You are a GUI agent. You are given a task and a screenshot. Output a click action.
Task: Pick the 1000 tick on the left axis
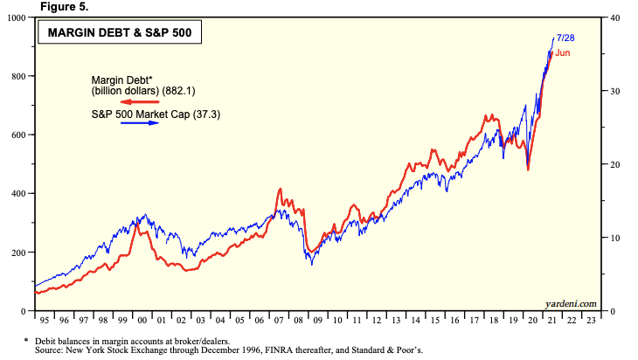tap(17, 17)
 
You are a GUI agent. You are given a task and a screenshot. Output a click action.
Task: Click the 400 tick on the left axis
tap(20, 193)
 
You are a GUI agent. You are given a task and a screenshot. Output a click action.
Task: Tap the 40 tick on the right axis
tap(615, 17)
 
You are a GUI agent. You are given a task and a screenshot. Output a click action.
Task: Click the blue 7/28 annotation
tap(565, 38)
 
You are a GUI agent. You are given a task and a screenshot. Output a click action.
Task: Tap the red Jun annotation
tap(563, 53)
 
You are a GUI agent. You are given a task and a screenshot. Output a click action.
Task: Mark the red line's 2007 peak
tap(279, 189)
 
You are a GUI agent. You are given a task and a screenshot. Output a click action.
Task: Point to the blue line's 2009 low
tap(313, 263)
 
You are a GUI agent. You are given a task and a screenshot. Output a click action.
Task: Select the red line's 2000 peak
tap(140, 216)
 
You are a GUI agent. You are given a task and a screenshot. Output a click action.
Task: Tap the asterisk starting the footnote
tap(27, 339)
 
